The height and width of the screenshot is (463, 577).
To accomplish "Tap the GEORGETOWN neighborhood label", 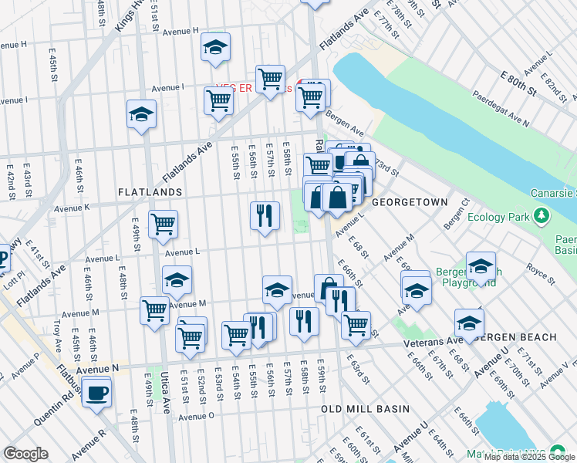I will click(x=410, y=202).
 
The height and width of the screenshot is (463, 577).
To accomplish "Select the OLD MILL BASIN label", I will click(x=354, y=408).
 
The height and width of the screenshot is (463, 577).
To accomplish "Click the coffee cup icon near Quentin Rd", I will click(x=96, y=392).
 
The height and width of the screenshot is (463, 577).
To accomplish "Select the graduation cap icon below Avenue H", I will click(x=216, y=47).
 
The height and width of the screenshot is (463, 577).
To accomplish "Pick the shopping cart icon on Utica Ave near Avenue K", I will click(x=163, y=225).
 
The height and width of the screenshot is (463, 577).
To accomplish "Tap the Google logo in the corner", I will click(x=25, y=454).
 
